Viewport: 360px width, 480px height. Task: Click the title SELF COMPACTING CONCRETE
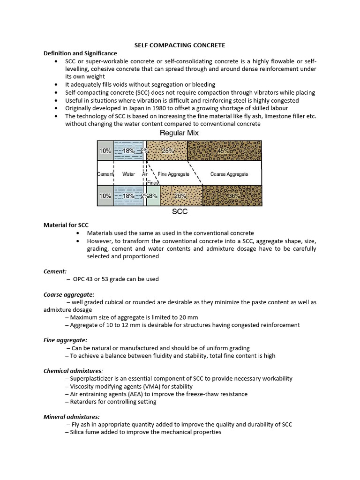click(x=180, y=45)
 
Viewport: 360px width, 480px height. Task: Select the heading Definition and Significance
click(x=80, y=53)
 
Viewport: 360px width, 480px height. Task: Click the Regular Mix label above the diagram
click(x=180, y=133)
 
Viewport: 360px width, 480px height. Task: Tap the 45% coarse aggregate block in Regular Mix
click(x=225, y=151)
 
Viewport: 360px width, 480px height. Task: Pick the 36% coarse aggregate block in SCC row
click(x=232, y=196)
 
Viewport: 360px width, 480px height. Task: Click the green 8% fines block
click(x=153, y=196)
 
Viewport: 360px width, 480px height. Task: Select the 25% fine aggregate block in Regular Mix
click(x=167, y=151)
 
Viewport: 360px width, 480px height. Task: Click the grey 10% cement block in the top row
click(x=105, y=151)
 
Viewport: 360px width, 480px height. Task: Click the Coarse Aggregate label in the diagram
click(x=229, y=174)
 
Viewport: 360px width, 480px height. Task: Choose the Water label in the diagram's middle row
click(x=128, y=174)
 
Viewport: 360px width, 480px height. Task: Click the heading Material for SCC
click(x=66, y=225)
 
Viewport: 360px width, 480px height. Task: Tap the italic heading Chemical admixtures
click(x=73, y=371)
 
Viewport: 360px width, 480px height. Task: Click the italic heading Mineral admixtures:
click(x=71, y=417)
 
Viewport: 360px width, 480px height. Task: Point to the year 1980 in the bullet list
click(x=152, y=108)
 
